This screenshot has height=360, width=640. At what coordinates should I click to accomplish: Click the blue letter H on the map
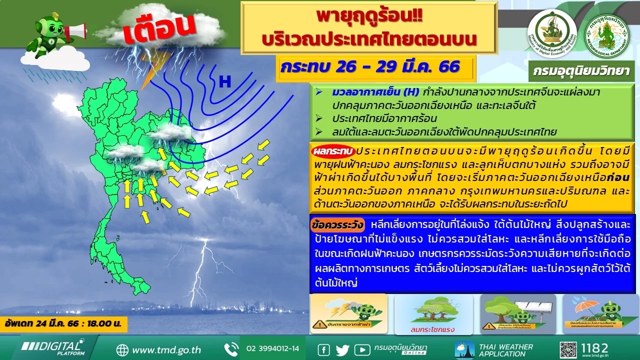225,82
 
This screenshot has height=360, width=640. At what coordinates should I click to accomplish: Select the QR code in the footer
568,349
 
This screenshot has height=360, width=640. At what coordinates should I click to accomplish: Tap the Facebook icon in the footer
323,349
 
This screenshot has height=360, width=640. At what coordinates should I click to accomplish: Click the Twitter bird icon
342,349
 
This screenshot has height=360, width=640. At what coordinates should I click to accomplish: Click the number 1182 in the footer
595,348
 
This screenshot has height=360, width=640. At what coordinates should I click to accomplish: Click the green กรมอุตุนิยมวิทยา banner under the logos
582,71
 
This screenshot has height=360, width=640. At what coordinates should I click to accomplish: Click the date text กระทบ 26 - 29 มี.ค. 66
370,67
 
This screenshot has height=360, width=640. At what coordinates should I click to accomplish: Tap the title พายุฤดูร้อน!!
369,16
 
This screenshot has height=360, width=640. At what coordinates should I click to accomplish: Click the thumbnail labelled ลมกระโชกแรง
433,314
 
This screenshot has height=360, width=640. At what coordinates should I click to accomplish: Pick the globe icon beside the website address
122,349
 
